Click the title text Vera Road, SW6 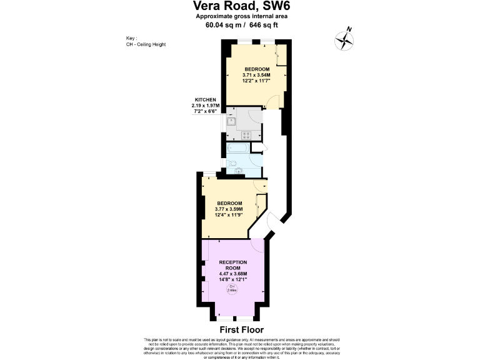click(240, 7)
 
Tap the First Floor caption click(241, 329)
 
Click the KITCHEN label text click(206, 100)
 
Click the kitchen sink click(231, 122)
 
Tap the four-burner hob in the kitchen click(246, 134)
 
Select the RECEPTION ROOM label click(232, 264)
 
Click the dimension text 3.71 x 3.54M click(256, 74)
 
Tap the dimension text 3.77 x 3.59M click(229, 209)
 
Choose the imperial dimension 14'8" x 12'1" click(232, 279)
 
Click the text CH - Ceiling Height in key click(145, 44)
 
